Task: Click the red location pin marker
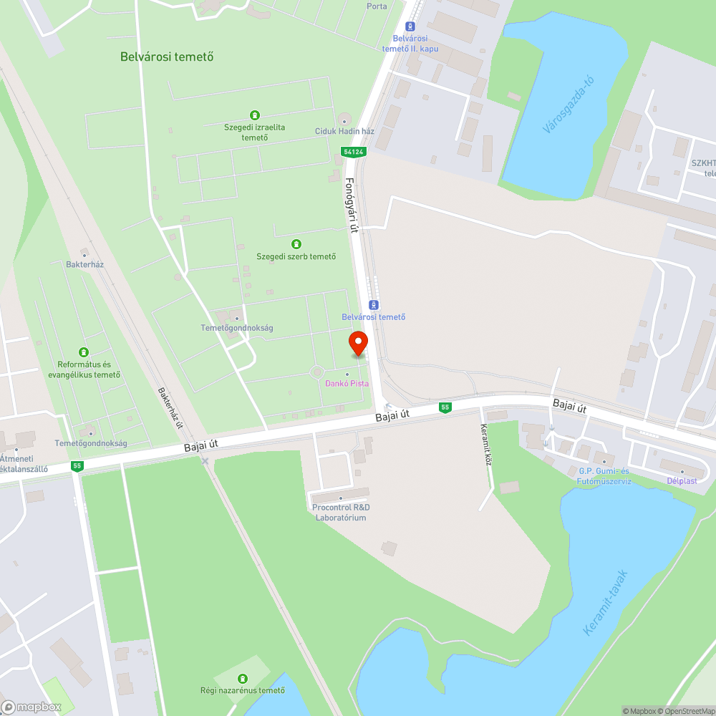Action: tap(358, 343)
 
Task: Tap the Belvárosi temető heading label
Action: tap(167, 57)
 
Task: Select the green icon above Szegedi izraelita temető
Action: tap(254, 115)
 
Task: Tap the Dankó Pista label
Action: tap(347, 384)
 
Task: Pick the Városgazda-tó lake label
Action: tap(569, 105)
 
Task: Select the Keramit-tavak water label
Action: tap(605, 602)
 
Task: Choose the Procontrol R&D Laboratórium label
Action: tap(341, 513)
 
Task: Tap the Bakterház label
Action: tap(84, 264)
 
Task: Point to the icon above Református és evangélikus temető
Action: tap(84, 352)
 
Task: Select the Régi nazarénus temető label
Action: tap(243, 690)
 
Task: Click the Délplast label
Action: tap(682, 481)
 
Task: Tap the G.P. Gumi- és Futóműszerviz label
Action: tap(604, 476)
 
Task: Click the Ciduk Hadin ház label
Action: tap(344, 132)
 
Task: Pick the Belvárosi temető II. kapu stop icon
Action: tap(411, 25)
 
